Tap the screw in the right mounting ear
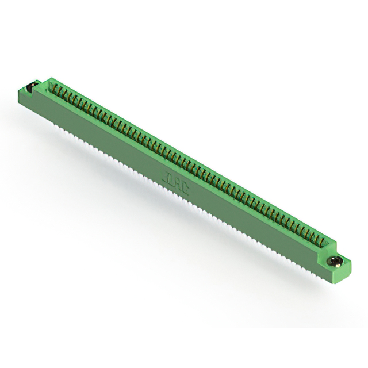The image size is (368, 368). coord(337,262)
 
